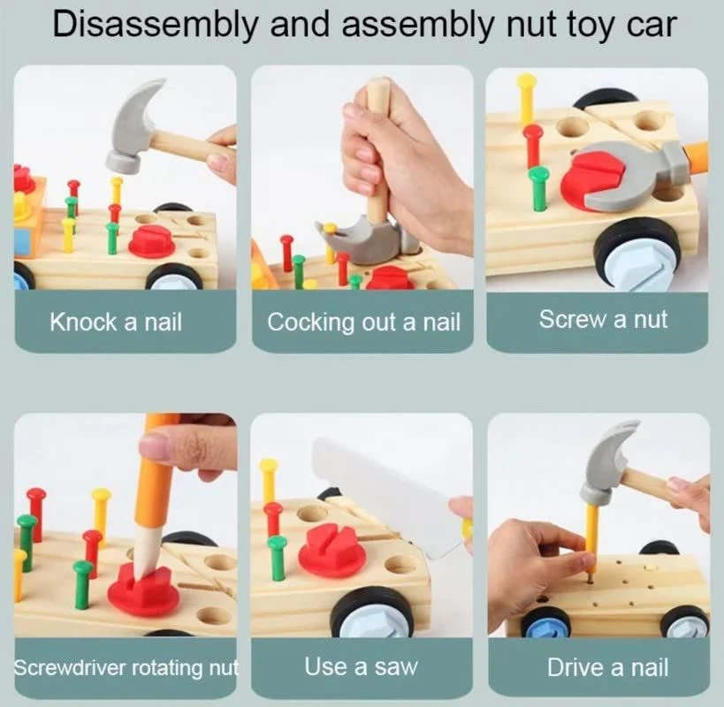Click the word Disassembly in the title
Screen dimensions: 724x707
click(155, 25)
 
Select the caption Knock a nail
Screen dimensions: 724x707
click(116, 322)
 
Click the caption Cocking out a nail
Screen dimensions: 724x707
click(363, 322)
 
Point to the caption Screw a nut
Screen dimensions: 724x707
click(603, 319)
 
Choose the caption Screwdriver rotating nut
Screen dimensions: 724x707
click(126, 667)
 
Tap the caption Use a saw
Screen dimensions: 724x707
click(361, 666)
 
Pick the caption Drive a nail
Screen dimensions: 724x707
click(607, 667)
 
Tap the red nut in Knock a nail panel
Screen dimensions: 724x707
click(151, 242)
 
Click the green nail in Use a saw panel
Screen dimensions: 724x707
click(277, 557)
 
